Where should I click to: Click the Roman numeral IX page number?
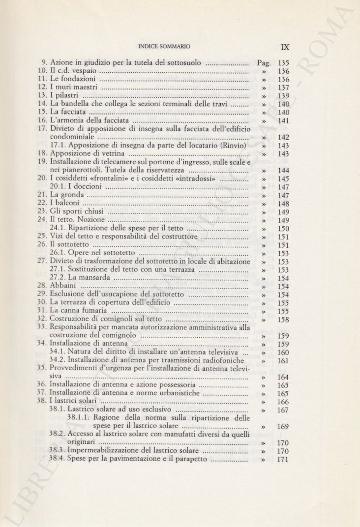[285, 47]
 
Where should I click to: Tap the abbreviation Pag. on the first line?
[264, 63]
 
